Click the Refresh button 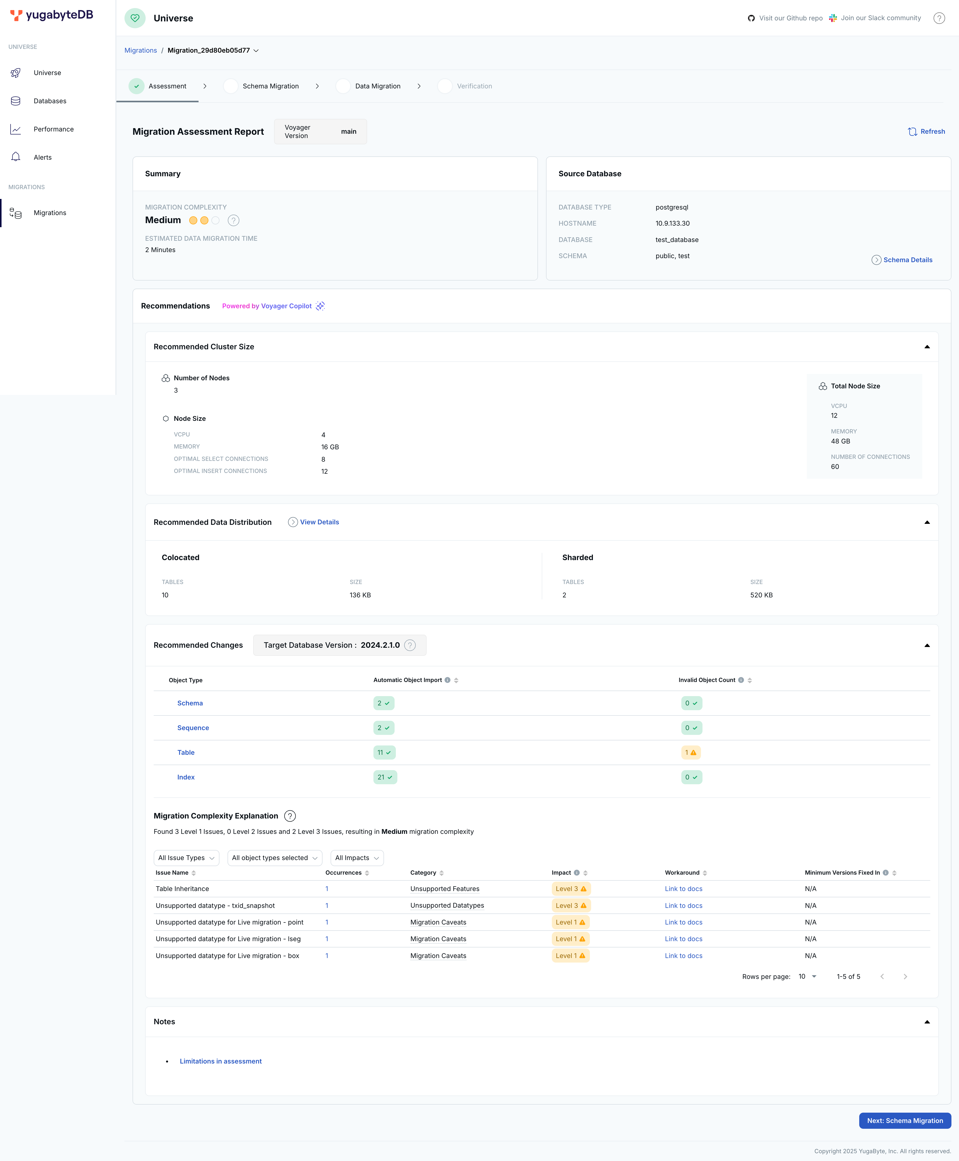pyautogui.click(x=926, y=131)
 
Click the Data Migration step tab pyautogui.click(x=377, y=86)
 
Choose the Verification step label pyautogui.click(x=474, y=86)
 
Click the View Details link pyautogui.click(x=319, y=522)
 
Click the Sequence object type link pyautogui.click(x=193, y=728)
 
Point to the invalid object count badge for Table pyautogui.click(x=690, y=753)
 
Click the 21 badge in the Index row pyautogui.click(x=385, y=777)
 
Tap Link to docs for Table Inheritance pyautogui.click(x=683, y=889)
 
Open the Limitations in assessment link pyautogui.click(x=220, y=1061)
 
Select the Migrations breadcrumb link pyautogui.click(x=140, y=50)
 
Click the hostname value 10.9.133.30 pyautogui.click(x=672, y=224)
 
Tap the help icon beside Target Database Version pyautogui.click(x=410, y=645)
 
